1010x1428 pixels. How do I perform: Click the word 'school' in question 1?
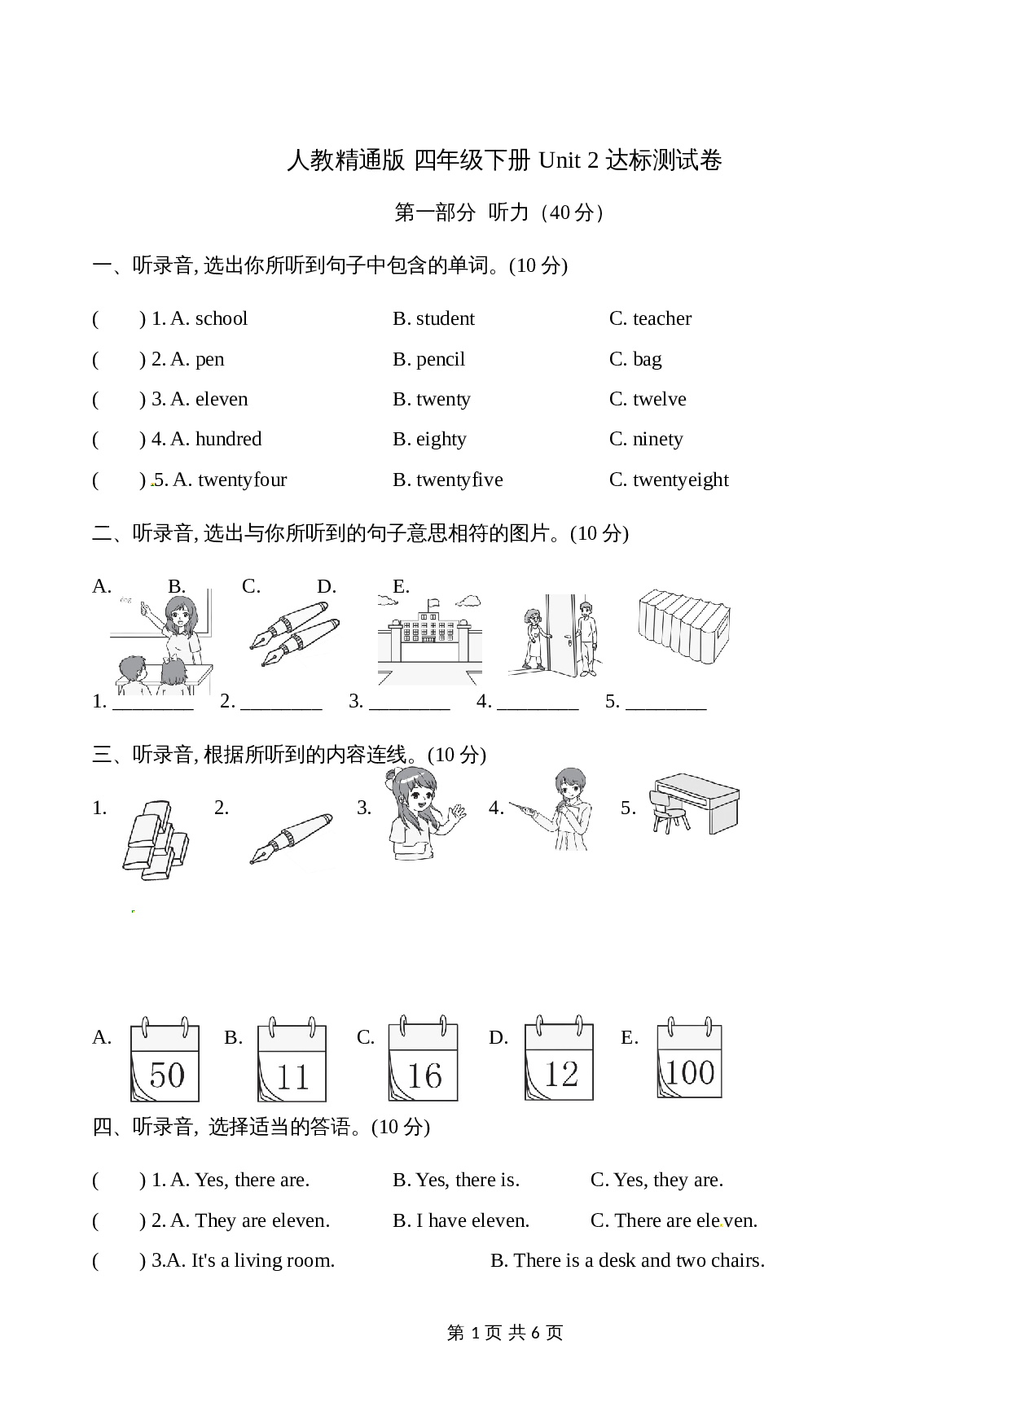pos(222,318)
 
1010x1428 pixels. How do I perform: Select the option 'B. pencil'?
pos(428,359)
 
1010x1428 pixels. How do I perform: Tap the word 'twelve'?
pos(660,399)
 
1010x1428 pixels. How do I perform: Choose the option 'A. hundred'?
pos(216,439)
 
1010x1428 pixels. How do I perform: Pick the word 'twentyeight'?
pos(681,480)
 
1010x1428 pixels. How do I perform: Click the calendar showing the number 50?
pos(165,1058)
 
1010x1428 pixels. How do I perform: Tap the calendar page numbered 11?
pos(292,1058)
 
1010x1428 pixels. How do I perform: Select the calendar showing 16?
pos(423,1058)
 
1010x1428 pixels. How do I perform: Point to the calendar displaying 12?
pos(559,1058)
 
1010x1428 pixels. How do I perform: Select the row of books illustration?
pos(683,626)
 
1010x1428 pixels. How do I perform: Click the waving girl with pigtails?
pos(424,814)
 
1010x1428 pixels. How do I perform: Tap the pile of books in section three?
pos(156,840)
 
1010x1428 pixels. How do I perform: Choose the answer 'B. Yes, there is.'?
pos(456,1180)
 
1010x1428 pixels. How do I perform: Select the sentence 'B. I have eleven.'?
pos(461,1220)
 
